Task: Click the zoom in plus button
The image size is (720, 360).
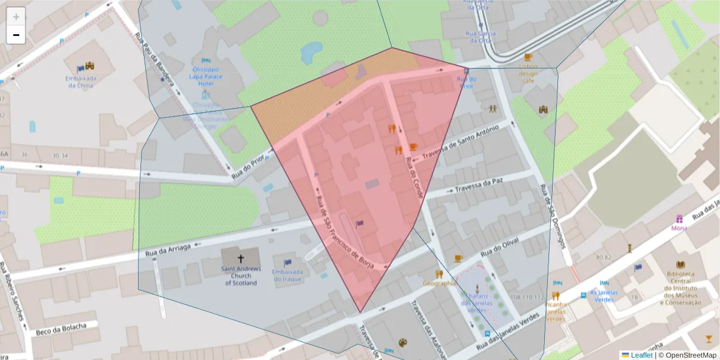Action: click(x=16, y=17)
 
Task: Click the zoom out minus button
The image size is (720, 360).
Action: click(x=16, y=35)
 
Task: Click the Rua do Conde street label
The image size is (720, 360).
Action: click(x=414, y=178)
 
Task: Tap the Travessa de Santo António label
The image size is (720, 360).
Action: click(x=461, y=144)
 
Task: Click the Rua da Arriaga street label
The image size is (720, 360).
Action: click(x=168, y=249)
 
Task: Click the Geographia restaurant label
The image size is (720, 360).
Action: click(x=440, y=283)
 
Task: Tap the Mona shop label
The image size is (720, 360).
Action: click(x=679, y=228)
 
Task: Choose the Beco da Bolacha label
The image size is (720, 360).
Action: click(x=58, y=329)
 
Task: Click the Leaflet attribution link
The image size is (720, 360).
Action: click(x=641, y=355)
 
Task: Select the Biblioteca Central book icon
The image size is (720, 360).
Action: click(x=680, y=265)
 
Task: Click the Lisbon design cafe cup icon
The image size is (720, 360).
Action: click(x=528, y=58)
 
